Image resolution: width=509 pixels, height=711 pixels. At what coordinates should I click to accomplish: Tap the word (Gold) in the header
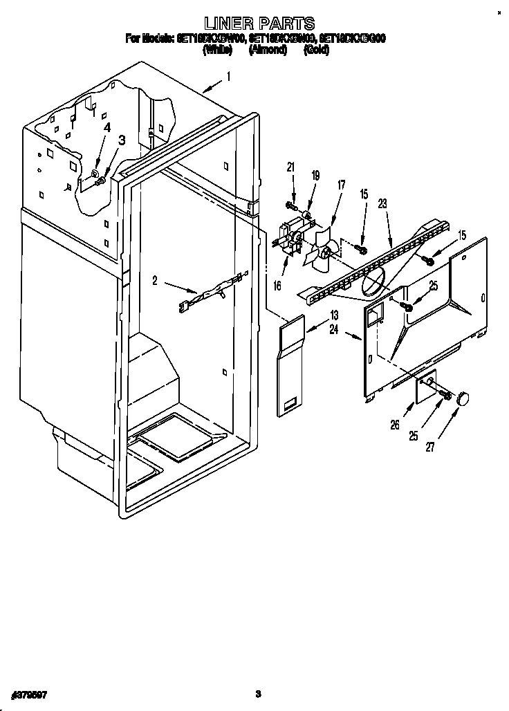316,50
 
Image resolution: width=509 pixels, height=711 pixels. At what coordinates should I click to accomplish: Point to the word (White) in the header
217,50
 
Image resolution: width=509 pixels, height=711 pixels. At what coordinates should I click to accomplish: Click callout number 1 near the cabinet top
229,77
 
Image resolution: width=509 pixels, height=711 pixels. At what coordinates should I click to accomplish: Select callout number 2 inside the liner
156,280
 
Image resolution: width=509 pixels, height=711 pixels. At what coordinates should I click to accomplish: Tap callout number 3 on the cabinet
122,140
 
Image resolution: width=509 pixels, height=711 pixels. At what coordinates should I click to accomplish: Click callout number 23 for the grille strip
382,204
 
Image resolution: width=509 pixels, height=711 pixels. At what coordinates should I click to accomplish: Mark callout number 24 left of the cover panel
334,330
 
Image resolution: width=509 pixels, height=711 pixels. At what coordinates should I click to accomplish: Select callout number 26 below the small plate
395,425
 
